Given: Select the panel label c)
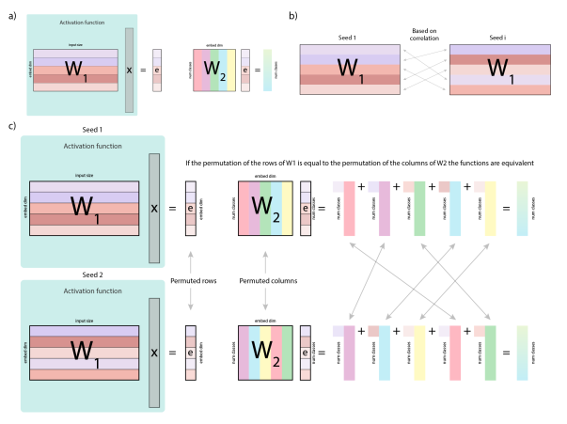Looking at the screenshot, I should point(10,125).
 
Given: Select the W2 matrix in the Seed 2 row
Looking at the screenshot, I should point(267,351).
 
